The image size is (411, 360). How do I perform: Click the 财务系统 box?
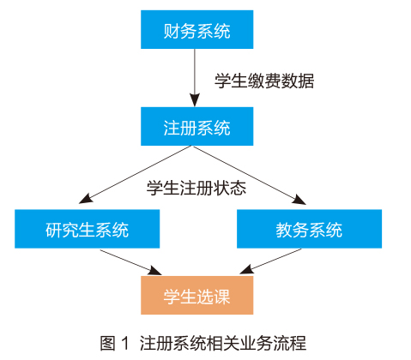click(196, 29)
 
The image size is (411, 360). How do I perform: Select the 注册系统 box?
click(196, 126)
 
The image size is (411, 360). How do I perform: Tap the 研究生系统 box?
click(88, 229)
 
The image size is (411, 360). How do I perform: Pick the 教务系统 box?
click(309, 229)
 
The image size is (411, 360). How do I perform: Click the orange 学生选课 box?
click(196, 296)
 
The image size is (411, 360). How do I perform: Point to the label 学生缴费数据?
click(264, 81)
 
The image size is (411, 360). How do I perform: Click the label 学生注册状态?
click(196, 189)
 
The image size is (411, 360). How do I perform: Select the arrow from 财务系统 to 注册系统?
click(195, 78)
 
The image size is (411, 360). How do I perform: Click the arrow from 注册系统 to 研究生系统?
click(135, 175)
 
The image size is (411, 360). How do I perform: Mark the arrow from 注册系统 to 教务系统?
click(250, 176)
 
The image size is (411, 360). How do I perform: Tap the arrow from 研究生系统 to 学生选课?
click(130, 262)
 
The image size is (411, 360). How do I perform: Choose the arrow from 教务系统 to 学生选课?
click(270, 261)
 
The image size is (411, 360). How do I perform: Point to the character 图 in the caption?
click(108, 343)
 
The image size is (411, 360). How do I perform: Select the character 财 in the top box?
click(172, 31)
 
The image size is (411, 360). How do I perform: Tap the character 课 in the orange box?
click(221, 297)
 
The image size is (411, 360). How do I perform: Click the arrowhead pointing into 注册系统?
click(195, 100)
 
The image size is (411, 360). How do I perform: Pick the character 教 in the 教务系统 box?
click(284, 231)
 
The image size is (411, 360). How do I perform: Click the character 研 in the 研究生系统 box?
click(54, 231)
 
